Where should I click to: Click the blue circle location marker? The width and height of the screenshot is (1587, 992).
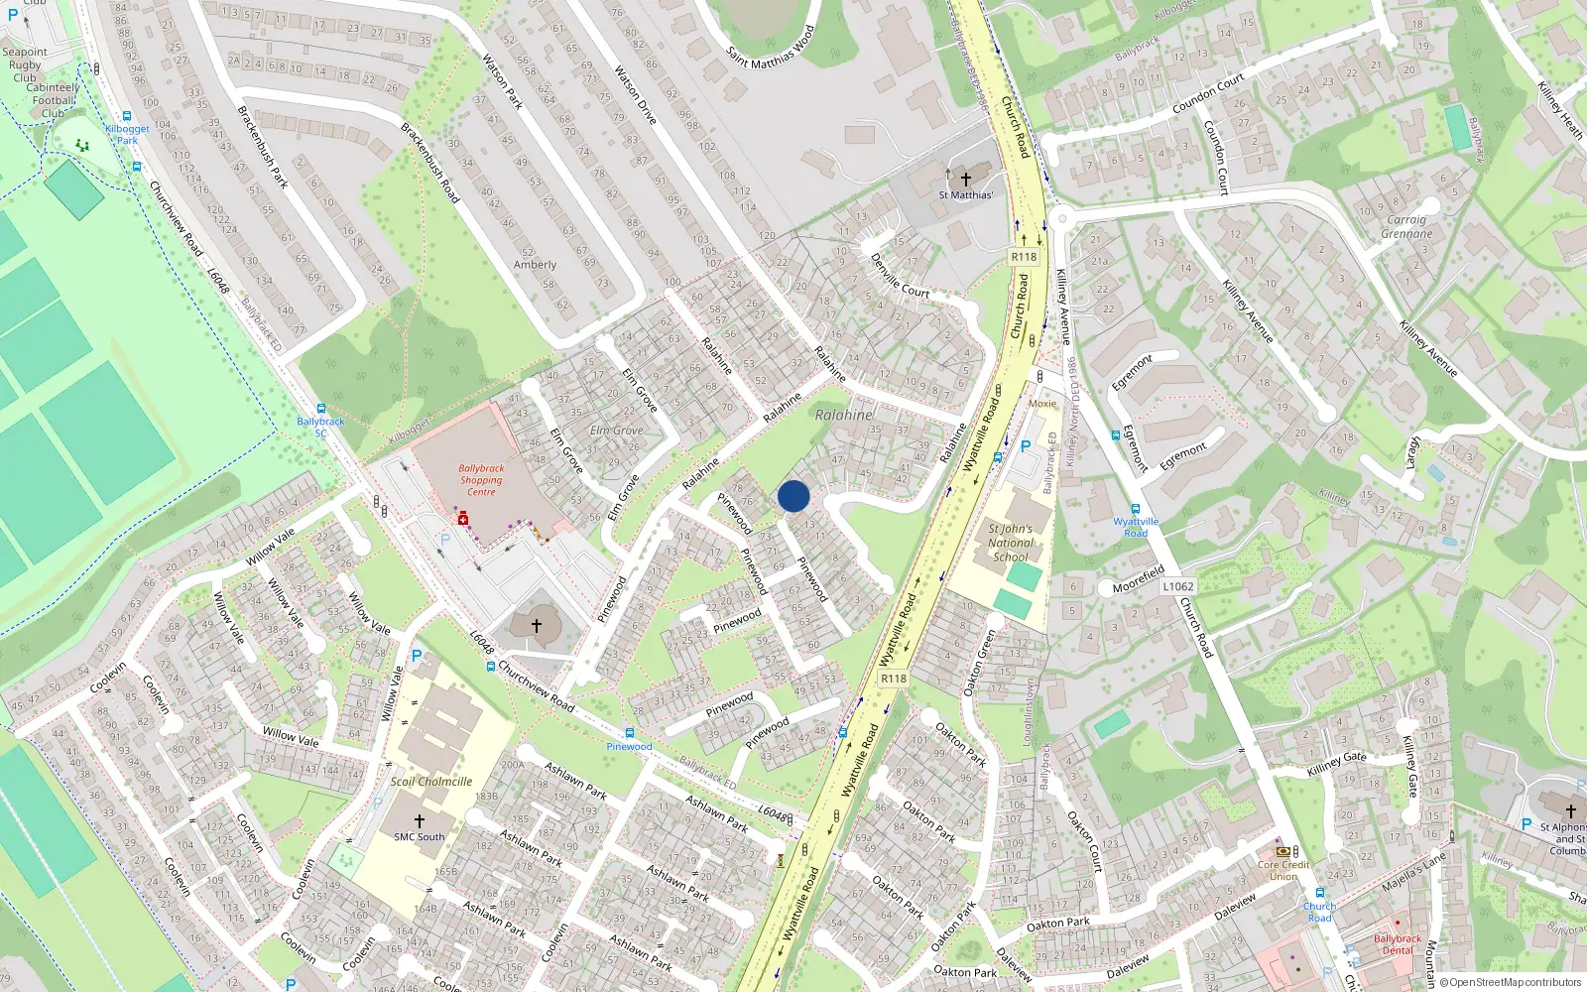click(793, 496)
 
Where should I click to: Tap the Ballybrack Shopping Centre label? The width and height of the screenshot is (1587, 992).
click(481, 480)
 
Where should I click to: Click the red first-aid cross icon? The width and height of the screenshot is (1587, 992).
click(463, 519)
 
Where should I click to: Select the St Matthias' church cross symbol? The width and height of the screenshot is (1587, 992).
click(965, 180)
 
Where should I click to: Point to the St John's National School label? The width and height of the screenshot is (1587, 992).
click(1011, 543)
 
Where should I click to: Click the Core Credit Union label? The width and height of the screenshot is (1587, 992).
click(1283, 870)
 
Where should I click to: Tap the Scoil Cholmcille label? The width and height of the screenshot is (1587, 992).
click(430, 782)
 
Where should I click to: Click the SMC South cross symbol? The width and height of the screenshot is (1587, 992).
click(419, 821)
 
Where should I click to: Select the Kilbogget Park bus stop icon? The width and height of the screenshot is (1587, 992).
click(127, 116)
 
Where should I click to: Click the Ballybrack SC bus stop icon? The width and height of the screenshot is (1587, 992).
click(320, 409)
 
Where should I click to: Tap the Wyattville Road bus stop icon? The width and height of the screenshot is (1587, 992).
click(1136, 510)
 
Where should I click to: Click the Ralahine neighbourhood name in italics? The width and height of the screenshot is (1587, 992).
click(844, 415)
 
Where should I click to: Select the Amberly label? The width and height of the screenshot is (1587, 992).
click(535, 265)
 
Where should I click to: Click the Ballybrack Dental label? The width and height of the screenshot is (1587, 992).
click(1397, 944)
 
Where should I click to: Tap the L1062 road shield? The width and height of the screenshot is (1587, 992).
click(1177, 586)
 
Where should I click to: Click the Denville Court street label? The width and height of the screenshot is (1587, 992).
click(900, 275)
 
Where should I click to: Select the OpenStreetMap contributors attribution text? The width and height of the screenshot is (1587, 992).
click(1511, 982)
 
